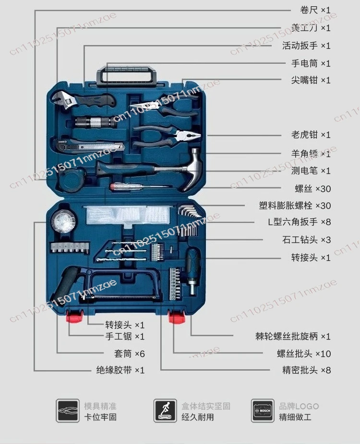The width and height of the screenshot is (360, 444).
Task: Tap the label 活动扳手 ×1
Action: click(x=306, y=46)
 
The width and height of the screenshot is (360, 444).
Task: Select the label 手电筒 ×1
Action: click(x=311, y=63)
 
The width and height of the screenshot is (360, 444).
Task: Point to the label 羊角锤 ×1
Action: click(x=311, y=153)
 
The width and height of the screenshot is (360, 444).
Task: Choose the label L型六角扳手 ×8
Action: click(x=299, y=222)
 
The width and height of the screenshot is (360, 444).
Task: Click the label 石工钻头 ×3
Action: click(x=306, y=240)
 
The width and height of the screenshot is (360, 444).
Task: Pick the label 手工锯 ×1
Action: click(x=125, y=337)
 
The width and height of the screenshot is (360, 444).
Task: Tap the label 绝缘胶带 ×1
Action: click(x=120, y=370)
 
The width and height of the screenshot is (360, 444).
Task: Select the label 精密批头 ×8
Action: click(x=306, y=370)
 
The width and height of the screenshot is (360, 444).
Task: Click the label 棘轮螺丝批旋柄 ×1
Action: click(x=293, y=337)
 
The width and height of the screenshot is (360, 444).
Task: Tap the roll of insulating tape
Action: click(x=62, y=222)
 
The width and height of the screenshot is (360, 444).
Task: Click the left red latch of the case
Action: click(x=74, y=317)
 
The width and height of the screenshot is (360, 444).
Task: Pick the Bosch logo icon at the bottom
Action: click(x=263, y=411)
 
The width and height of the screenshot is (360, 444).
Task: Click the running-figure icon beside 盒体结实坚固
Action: click(x=165, y=411)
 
